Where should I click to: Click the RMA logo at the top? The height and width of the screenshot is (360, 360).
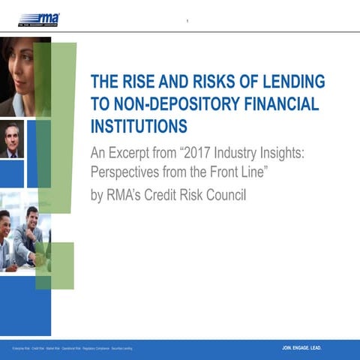click(x=39, y=19)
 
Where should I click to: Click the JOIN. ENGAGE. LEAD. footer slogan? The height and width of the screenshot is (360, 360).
click(x=301, y=348)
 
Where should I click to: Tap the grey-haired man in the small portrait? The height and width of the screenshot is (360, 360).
click(x=12, y=139)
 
